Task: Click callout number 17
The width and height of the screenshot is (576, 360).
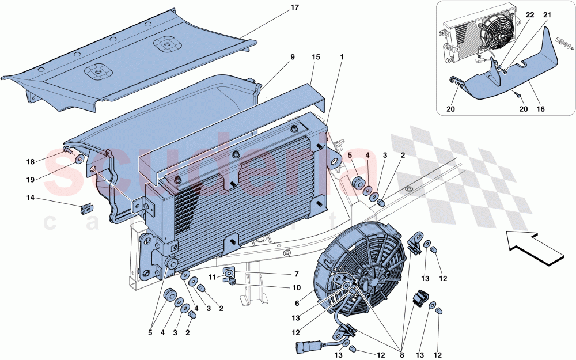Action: pyautogui.click(x=294, y=8)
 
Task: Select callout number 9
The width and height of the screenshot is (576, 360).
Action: pyautogui.click(x=292, y=57)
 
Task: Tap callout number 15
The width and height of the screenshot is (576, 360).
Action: pyautogui.click(x=315, y=57)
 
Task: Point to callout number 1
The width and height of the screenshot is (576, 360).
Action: pyautogui.click(x=342, y=57)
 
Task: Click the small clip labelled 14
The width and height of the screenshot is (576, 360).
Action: pyautogui.click(x=86, y=207)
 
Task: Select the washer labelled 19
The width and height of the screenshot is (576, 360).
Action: pyautogui.click(x=79, y=159)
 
